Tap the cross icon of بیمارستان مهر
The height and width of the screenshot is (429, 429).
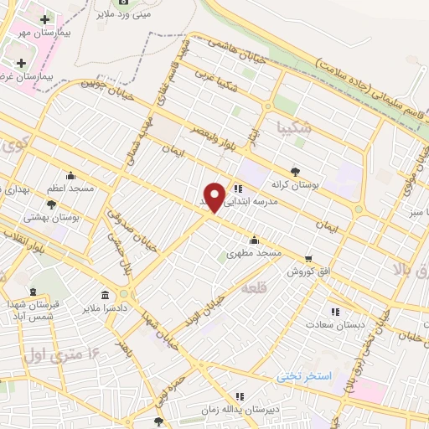44,18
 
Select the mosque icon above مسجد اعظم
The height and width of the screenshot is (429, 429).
70,176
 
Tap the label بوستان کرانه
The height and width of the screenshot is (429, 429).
291,183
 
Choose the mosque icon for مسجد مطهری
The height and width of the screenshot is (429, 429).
254,240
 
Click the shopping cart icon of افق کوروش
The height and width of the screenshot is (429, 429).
309,258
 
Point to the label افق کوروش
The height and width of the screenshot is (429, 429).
312,271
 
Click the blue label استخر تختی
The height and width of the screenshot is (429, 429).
305,377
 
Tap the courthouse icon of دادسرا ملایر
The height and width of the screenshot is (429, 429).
105,295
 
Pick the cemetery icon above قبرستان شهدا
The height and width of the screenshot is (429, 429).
33,291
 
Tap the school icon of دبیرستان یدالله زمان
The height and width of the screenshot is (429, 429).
240,395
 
